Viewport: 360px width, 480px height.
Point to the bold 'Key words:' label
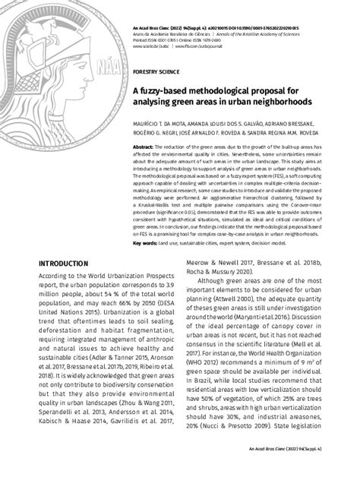pyautogui.click(x=146, y=243)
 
